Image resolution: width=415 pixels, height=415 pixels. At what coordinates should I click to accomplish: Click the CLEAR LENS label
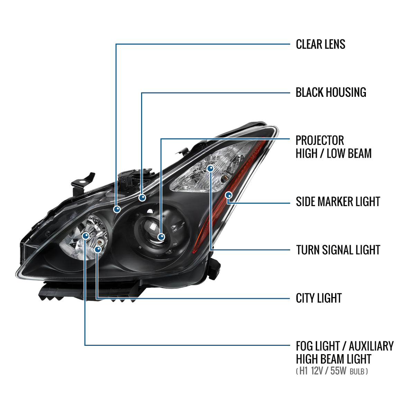coord(321,44)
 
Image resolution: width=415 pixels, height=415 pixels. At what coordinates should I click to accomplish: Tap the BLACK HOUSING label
coord(331,92)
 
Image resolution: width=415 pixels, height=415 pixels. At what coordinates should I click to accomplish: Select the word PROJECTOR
coord(320,140)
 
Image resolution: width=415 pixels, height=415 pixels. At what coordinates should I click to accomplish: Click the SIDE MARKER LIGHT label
coord(338,202)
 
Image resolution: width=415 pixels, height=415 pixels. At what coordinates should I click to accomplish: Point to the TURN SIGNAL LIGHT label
coord(338,250)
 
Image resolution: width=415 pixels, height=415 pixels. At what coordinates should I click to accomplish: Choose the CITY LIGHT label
coord(319,298)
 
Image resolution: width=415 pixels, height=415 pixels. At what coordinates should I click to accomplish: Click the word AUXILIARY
coord(371,346)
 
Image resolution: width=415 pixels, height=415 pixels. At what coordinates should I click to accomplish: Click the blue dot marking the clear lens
coord(117,209)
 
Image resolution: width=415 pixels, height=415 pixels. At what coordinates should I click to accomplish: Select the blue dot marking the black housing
coord(142,198)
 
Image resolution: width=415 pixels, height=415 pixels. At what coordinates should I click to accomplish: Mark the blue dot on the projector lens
coord(161,237)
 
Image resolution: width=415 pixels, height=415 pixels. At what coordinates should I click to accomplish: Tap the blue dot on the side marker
coord(228,195)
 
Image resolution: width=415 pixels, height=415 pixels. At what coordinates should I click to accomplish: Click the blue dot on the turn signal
coord(210,168)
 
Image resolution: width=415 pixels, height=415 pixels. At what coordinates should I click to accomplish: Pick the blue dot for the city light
coord(98,249)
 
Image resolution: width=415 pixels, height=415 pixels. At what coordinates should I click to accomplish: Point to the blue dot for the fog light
coord(86,236)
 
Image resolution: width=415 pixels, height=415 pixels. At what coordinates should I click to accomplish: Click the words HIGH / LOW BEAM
coord(333,154)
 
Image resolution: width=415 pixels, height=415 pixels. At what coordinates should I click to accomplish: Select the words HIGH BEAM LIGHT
coord(333,359)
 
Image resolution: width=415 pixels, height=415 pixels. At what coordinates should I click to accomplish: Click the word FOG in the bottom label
coord(304,346)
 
